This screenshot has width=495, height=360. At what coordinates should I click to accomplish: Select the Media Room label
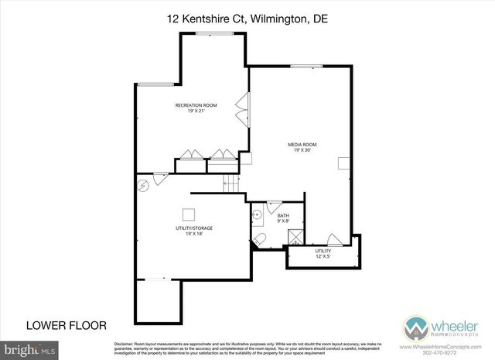(302, 147)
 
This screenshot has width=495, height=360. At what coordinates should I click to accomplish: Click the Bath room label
(284, 218)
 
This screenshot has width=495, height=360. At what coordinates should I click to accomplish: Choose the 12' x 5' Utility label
(323, 254)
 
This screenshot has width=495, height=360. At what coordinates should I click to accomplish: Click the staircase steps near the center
(230, 184)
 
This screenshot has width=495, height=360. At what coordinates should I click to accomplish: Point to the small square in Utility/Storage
(188, 214)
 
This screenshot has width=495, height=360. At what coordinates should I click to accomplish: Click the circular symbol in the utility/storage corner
(142, 185)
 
